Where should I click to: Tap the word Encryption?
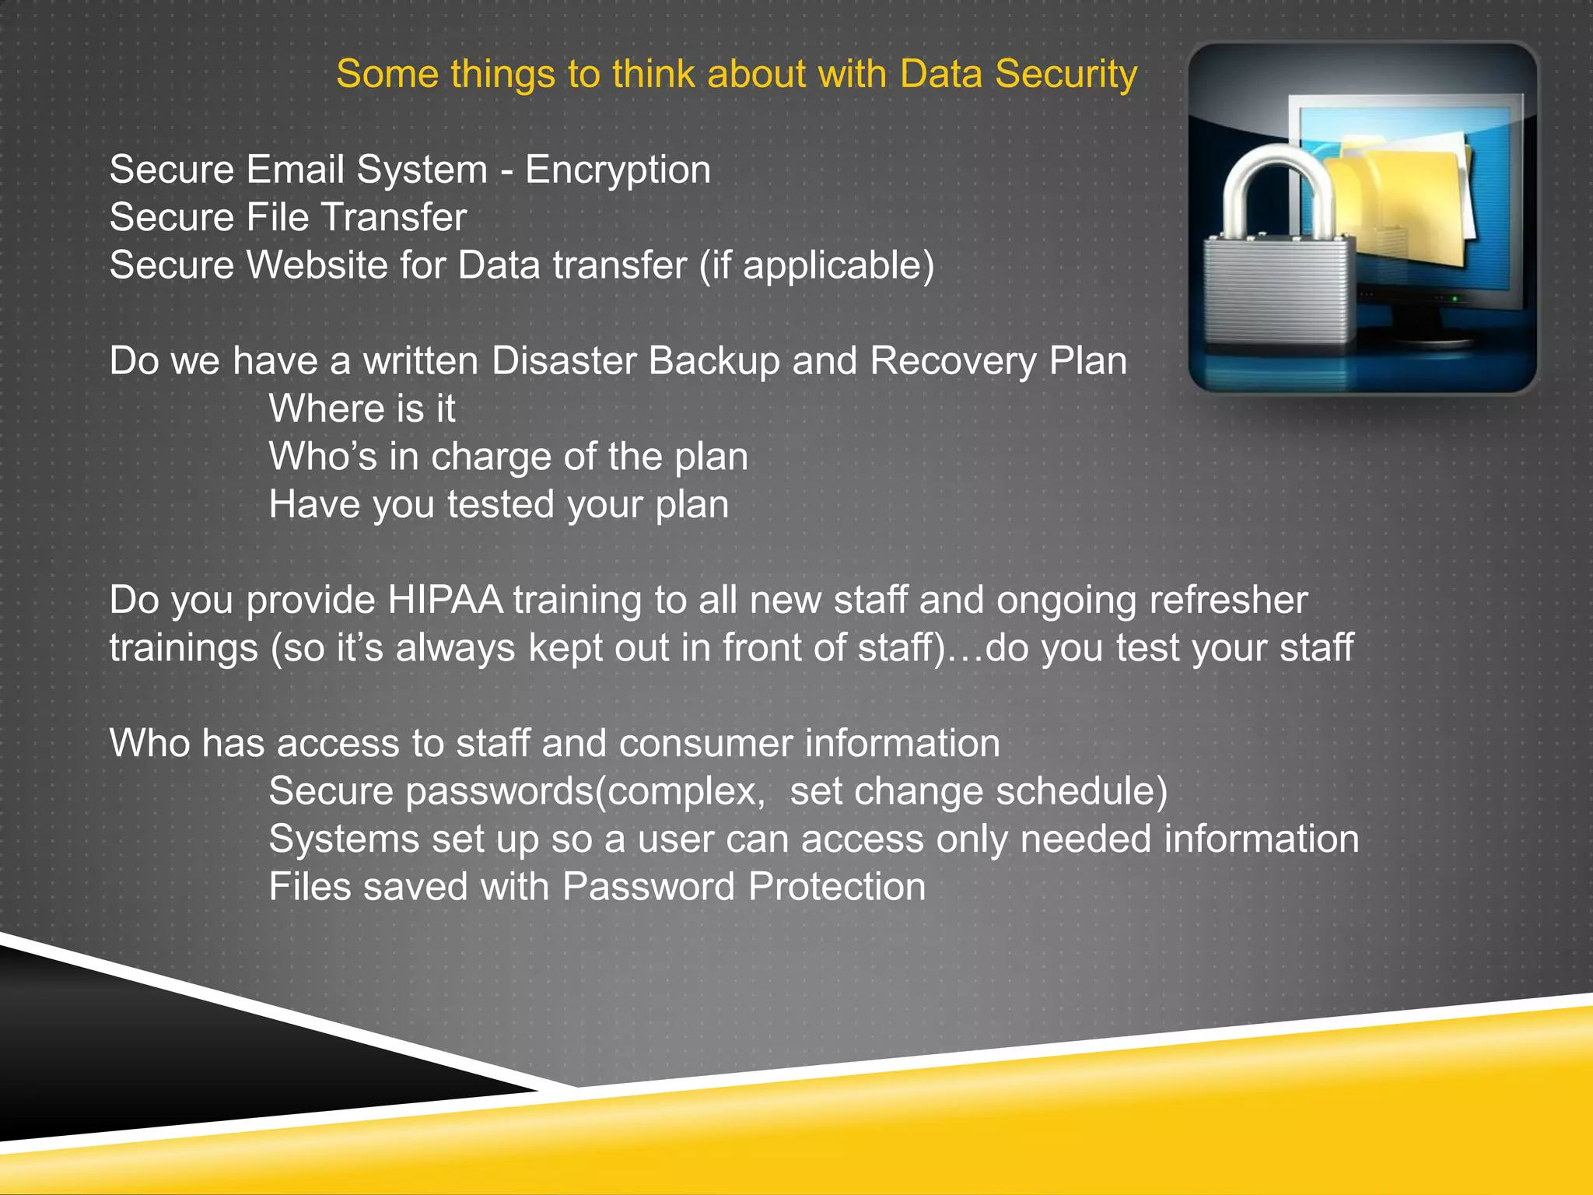pyautogui.click(x=618, y=170)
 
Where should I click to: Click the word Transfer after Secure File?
pyautogui.click(x=394, y=218)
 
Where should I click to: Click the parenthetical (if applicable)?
pyautogui.click(x=816, y=266)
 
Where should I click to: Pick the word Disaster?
pyautogui.click(x=562, y=361)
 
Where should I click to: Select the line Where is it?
pyautogui.click(x=362, y=409)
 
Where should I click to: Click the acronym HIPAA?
pyautogui.click(x=444, y=601)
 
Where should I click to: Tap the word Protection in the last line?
pyautogui.click(x=836, y=887)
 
